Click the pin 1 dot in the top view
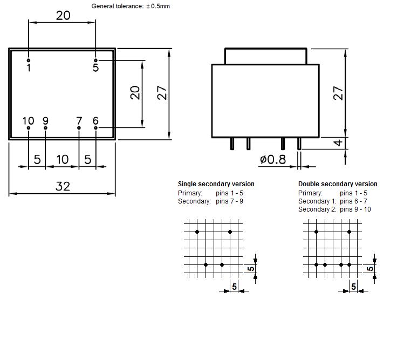(29, 60)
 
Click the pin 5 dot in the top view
(95, 60)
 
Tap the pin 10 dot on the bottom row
(29, 128)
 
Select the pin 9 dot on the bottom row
(45, 128)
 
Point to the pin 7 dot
(79, 128)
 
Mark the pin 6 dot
(95, 128)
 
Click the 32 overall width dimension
(63, 186)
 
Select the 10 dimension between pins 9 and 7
(63, 159)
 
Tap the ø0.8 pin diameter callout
(273, 159)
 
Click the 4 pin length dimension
(338, 143)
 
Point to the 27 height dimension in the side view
(338, 93)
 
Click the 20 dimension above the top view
(63, 16)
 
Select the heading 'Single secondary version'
(216, 184)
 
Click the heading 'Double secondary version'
(338, 184)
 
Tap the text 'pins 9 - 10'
(355, 209)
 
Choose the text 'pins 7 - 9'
(229, 201)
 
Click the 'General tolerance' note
(131, 6)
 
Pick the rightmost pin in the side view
(299, 144)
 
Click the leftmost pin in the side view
(232, 144)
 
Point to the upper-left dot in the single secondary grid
(197, 232)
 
